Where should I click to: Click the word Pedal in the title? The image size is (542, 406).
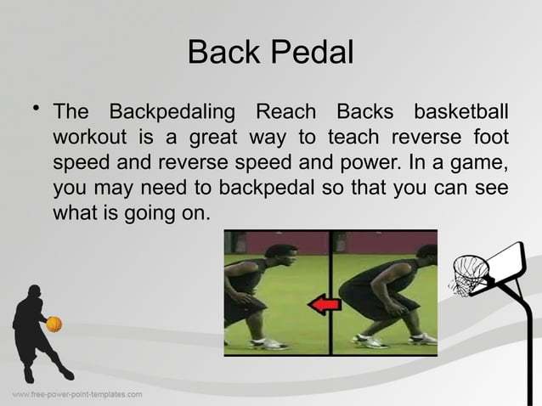(312, 54)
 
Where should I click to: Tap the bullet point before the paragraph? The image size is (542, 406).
(35, 108)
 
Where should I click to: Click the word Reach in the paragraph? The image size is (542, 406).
(285, 112)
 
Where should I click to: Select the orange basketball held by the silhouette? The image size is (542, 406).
(54, 324)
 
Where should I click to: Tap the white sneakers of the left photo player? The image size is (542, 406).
(270, 344)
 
